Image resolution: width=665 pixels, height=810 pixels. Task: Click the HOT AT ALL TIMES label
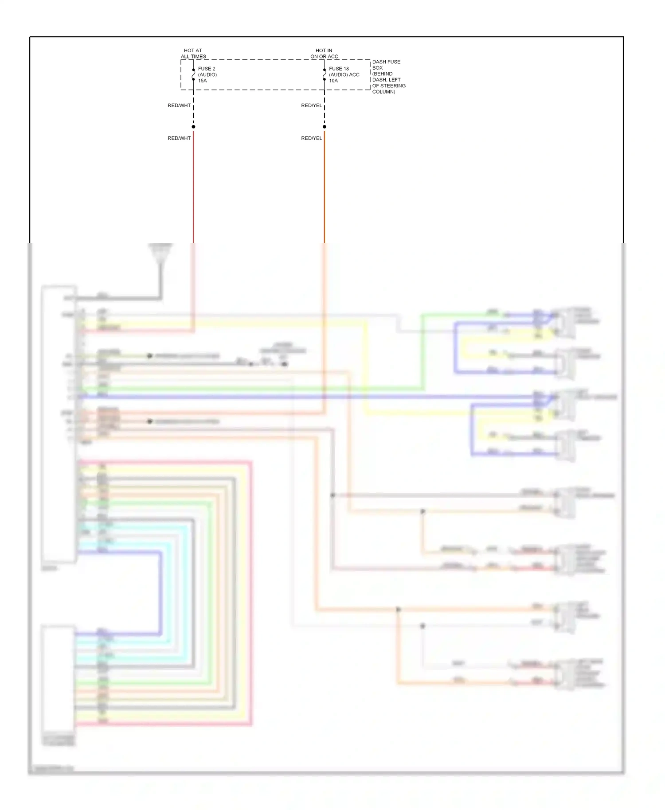click(193, 54)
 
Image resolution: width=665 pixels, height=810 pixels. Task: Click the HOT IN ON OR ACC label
click(324, 54)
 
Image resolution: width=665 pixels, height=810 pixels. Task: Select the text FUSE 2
click(207, 69)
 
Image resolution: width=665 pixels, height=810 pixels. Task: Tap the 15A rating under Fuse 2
click(202, 81)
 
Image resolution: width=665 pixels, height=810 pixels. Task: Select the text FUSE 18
click(339, 69)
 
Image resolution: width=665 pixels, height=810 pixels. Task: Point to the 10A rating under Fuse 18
click(333, 81)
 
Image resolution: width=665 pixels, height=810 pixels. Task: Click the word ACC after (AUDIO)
click(354, 74)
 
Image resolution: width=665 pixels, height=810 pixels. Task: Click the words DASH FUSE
click(386, 62)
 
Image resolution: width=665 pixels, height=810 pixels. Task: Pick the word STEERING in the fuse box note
click(393, 86)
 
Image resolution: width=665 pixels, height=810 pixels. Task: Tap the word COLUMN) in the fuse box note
click(383, 92)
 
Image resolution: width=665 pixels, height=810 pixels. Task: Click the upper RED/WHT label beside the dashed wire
click(179, 105)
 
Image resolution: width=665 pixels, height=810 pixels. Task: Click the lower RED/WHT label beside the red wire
click(179, 138)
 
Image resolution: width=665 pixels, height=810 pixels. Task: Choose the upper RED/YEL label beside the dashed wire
click(311, 105)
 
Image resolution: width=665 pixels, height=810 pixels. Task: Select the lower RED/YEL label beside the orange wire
click(311, 138)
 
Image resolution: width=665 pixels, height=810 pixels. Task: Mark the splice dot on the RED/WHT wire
click(193, 127)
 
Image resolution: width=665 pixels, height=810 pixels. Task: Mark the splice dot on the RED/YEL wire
click(325, 127)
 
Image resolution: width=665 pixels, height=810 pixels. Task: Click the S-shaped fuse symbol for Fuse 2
click(193, 75)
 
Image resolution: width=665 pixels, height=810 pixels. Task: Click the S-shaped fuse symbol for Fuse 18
click(325, 75)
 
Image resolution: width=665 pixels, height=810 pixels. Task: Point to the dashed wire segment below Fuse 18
click(325, 109)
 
